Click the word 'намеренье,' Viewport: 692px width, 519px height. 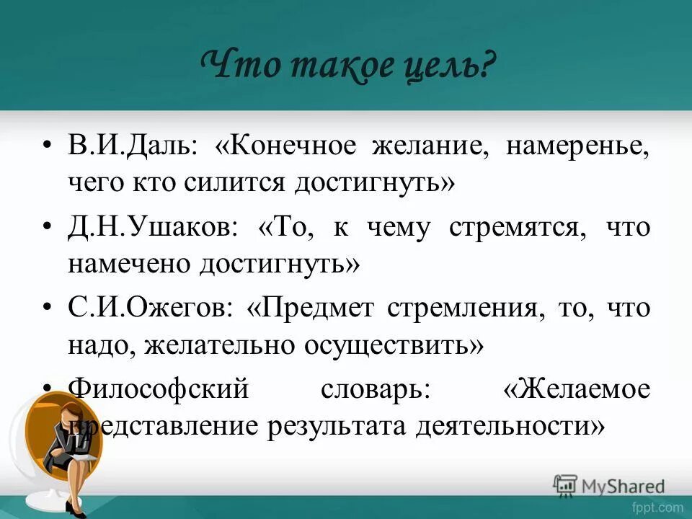pos(577,146)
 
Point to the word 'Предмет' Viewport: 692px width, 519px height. pos(320,309)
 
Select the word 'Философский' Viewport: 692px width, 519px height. pos(158,390)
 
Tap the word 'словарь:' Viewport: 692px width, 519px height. pos(376,390)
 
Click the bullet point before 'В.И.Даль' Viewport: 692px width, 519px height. pos(48,146)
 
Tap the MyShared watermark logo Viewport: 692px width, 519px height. pos(610,485)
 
